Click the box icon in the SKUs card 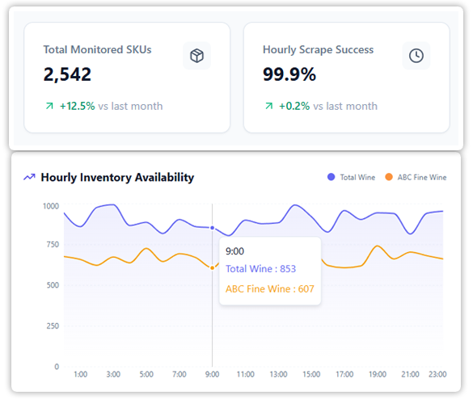(196, 55)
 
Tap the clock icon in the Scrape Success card (416, 55)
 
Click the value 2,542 (67, 75)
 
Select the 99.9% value (289, 75)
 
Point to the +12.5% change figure (77, 106)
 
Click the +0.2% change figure (294, 106)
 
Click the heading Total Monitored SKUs (97, 50)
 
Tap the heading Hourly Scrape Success (318, 50)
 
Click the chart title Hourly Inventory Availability (117, 177)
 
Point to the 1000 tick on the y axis (51, 207)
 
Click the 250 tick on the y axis (53, 326)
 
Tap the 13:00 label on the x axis (278, 375)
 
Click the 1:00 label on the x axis (80, 375)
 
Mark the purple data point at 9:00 (213, 228)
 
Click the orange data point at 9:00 (213, 267)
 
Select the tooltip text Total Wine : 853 (260, 269)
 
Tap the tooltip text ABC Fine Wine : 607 (269, 288)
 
